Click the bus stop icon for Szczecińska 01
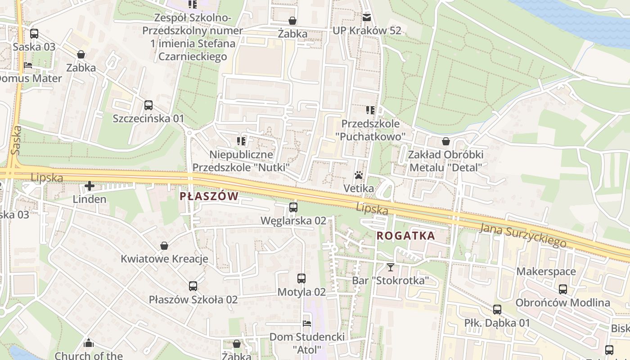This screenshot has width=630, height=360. [x=148, y=105]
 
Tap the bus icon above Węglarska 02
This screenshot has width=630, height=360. [x=293, y=207]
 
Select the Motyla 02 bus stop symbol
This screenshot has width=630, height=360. [x=301, y=279]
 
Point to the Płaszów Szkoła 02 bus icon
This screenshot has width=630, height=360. [x=193, y=286]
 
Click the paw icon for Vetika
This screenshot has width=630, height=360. [x=359, y=175]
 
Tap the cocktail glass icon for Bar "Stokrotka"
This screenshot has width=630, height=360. [x=390, y=267]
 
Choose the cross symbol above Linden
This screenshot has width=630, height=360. [x=90, y=186]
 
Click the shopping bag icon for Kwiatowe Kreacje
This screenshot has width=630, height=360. [x=164, y=246]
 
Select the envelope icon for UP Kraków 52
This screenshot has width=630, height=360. [x=367, y=18]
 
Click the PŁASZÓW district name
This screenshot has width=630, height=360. [x=209, y=196]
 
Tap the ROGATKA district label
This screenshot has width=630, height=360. [x=405, y=235]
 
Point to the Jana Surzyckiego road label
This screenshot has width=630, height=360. [x=523, y=235]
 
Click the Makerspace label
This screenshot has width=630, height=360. [x=546, y=271]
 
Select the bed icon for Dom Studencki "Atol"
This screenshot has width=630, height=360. [x=307, y=324]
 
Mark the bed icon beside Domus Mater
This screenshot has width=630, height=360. [x=28, y=65]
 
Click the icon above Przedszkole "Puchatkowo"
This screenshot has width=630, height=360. [x=370, y=110]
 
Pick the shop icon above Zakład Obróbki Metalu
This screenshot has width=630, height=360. [x=446, y=141]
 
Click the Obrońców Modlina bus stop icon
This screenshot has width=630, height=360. [x=563, y=289]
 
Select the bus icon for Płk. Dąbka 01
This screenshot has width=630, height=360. [x=497, y=310]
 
